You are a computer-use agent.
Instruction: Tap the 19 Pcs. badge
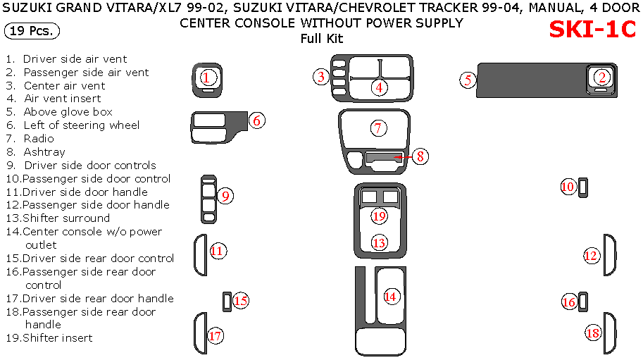[x=32, y=31]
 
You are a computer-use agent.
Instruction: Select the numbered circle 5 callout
[x=468, y=80]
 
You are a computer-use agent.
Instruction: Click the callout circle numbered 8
[x=420, y=156]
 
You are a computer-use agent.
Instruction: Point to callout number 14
[x=390, y=297]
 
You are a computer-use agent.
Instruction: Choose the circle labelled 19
[x=380, y=216]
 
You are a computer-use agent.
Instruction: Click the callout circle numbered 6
[x=257, y=120]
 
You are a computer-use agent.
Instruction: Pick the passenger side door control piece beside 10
[x=584, y=187]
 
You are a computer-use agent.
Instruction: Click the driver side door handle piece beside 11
[x=200, y=254]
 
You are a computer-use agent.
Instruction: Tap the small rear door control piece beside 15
[x=226, y=301]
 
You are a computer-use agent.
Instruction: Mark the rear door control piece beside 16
[x=584, y=302]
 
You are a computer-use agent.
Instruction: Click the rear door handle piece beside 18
[x=609, y=333]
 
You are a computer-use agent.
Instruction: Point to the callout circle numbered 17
[x=216, y=336]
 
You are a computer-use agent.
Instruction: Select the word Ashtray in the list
[x=44, y=151]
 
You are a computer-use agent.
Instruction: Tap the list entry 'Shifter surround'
[x=66, y=218]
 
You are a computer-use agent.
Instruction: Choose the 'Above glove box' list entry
[x=68, y=112]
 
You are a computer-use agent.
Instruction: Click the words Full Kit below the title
[x=321, y=37]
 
